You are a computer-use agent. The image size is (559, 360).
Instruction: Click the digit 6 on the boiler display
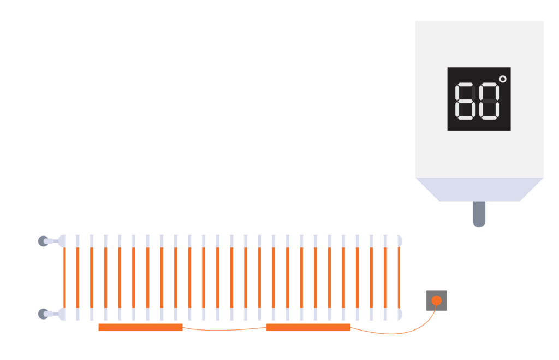pyautogui.click(x=464, y=101)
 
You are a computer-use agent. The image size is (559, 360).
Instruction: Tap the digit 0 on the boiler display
pyautogui.click(x=489, y=101)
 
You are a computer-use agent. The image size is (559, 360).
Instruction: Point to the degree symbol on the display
pyautogui.click(x=503, y=79)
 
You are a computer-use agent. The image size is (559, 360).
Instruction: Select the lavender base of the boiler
pyautogui.click(x=479, y=189)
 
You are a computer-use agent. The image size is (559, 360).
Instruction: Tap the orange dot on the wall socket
pyautogui.click(x=436, y=300)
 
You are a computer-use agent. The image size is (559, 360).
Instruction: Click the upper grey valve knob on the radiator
pyautogui.click(x=43, y=241)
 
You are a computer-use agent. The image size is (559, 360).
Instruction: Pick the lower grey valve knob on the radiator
pyautogui.click(x=43, y=314)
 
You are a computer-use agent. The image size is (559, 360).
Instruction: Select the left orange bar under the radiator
pyautogui.click(x=140, y=328)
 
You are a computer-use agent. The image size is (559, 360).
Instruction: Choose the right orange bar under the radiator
pyautogui.click(x=308, y=328)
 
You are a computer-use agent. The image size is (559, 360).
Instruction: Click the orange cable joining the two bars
pyautogui.click(x=224, y=329)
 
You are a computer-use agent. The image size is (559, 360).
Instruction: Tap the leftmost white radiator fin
pyautogui.click(x=70, y=278)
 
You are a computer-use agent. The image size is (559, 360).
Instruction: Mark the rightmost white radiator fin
pyautogui.click(x=393, y=278)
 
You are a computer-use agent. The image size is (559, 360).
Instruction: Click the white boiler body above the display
pyautogui.click(x=479, y=44)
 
